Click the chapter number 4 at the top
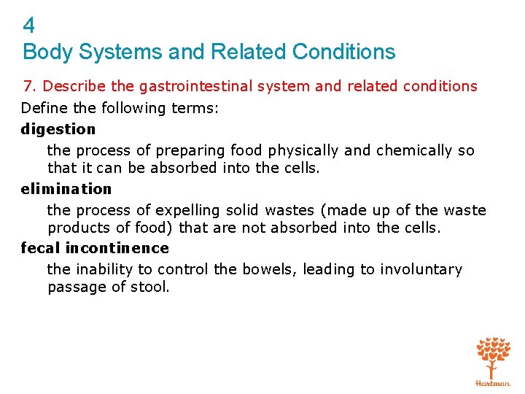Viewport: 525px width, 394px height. [x=29, y=27]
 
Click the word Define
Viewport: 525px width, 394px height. [x=43, y=108]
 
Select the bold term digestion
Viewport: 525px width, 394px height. [x=58, y=129]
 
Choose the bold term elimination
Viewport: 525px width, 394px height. [x=66, y=189]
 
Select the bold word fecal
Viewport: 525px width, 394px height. [x=41, y=248]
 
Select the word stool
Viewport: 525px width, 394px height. [x=149, y=287]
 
